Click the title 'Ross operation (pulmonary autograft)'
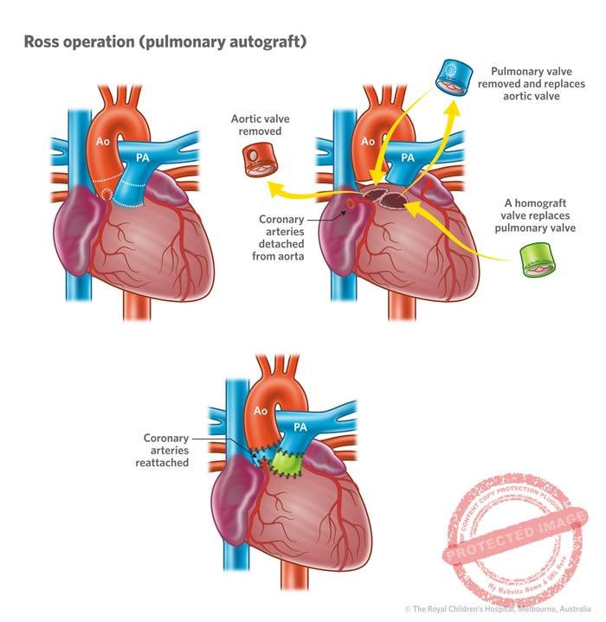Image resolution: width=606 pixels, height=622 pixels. (x=165, y=42)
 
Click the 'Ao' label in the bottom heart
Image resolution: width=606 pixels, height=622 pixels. (x=259, y=412)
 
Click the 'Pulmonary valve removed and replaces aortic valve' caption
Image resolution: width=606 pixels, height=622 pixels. (x=538, y=85)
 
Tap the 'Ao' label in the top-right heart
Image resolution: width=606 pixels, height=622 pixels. (x=367, y=141)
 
